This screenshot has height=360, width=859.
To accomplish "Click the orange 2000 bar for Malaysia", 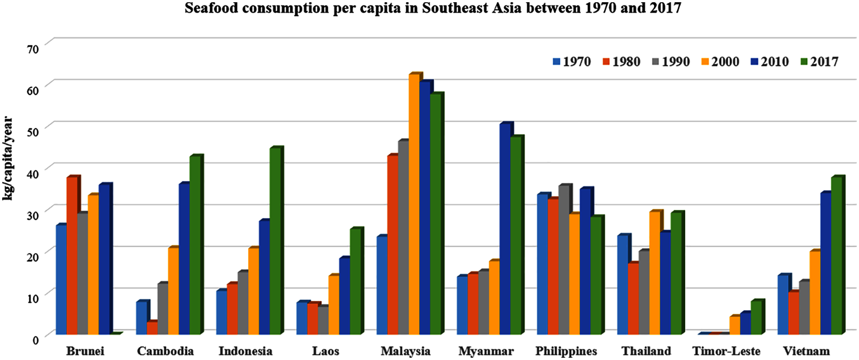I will (414, 204).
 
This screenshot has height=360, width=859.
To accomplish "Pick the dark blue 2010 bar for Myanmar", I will (505, 229).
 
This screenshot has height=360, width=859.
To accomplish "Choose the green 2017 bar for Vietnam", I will (836, 255).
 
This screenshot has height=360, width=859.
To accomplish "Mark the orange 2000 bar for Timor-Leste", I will (734, 325).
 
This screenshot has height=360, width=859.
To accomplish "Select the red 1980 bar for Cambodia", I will (152, 328).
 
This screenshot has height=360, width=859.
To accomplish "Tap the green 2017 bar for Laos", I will (355, 281).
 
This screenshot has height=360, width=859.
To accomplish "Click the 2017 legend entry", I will (820, 62).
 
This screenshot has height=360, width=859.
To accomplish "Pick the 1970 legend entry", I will (572, 62).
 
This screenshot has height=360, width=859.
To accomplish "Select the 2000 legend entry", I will (720, 62).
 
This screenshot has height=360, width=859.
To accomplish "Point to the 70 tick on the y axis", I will (33, 48).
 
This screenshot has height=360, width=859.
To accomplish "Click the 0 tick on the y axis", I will (35, 339).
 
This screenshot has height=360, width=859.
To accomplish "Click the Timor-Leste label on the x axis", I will (726, 351).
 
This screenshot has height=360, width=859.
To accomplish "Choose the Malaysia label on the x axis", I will (406, 351).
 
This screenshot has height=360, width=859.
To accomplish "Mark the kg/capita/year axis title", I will (8, 158).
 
